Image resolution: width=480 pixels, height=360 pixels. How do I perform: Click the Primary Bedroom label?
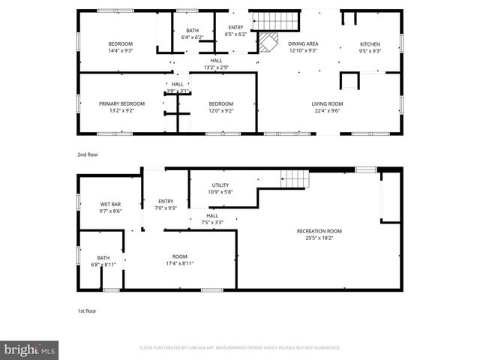pos(121,103)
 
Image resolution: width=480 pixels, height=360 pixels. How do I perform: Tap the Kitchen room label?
pos(370,44)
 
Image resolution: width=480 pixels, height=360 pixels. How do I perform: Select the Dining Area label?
pos(302,44)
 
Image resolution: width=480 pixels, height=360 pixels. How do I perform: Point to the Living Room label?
pos(327,103)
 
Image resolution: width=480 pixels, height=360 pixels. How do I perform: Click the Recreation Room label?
pos(319,231)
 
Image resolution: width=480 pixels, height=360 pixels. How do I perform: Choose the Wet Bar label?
pos(110,204)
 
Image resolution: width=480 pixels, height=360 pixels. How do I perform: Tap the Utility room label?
pos(220,185)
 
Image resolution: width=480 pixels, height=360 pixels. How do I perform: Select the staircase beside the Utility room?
pos(295,178)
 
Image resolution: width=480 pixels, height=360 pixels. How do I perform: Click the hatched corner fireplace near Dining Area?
pos(267,43)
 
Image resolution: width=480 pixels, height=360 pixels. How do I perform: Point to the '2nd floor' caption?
pos(88,154)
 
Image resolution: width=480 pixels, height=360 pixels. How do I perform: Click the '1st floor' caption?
pos(86,310)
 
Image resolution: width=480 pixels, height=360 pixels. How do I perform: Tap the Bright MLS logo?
pos(30,349)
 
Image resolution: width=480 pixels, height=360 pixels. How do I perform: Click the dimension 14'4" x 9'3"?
pos(120,51)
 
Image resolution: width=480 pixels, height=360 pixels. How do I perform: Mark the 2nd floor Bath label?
pos(193,31)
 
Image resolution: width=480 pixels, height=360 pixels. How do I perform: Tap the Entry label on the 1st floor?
pos(166,201)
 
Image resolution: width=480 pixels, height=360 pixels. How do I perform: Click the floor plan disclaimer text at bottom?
pos(240,348)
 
